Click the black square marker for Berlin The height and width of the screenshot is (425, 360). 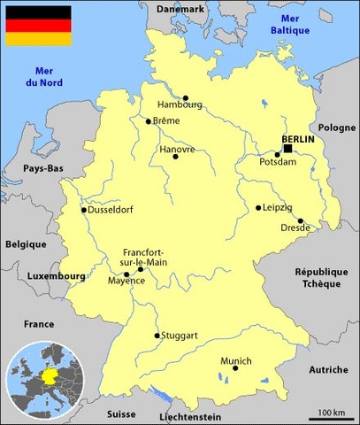tap(287, 149)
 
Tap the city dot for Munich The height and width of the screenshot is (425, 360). tap(235, 368)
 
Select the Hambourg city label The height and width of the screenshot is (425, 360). tap(180, 104)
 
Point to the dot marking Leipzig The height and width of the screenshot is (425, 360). tap(258, 208)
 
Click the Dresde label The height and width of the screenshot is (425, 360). tap(295, 228)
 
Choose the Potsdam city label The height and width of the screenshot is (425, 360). tap(278, 164)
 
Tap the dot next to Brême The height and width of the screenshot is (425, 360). tap(148, 121)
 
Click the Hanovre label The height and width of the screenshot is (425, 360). tap(177, 150)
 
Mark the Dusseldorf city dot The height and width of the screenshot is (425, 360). tap(84, 210)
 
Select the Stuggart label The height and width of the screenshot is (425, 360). tap(179, 336)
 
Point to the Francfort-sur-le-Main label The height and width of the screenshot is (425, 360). tap(142, 257)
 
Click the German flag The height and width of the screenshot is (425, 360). tap(39, 26)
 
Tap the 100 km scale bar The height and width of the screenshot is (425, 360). tap(332, 415)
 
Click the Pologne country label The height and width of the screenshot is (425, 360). tap(335, 127)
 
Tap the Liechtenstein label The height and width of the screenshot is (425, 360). tap(191, 415)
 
